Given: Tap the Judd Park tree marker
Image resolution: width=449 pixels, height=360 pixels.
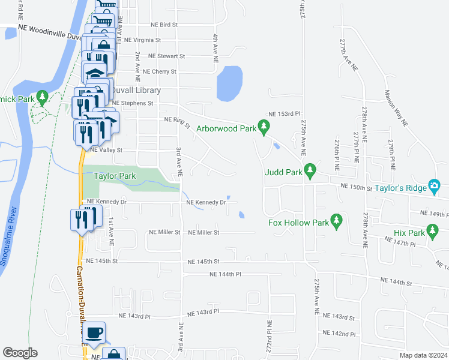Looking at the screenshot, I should [x=310, y=171].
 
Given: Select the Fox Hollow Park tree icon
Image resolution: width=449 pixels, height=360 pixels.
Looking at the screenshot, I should [x=336, y=221].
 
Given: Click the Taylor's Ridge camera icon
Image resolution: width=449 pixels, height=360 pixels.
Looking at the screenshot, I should [x=434, y=187].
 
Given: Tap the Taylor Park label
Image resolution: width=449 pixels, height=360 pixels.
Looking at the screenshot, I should [x=115, y=176].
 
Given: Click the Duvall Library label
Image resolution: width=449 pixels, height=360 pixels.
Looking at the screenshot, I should [x=137, y=90].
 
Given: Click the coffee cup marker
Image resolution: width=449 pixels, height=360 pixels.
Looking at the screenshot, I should [x=94, y=333].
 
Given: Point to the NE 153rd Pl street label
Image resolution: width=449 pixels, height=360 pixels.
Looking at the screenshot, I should [x=284, y=113].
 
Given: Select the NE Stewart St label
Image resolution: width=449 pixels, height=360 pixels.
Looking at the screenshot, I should [x=167, y=56].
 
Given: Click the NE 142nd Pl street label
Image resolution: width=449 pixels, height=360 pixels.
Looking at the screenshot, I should [x=339, y=334].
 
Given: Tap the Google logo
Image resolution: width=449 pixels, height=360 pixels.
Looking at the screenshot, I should [x=20, y=353].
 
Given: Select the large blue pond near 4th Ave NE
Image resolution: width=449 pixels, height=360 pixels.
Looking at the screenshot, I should [x=229, y=83].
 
